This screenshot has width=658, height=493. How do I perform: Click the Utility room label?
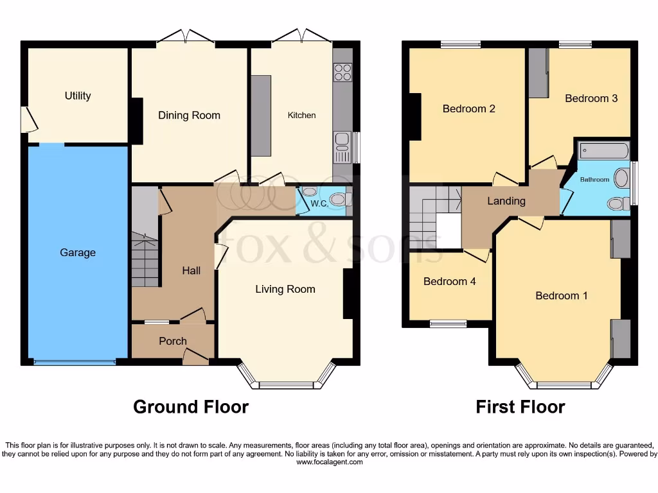[78, 96]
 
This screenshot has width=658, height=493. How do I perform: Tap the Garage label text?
[78, 253]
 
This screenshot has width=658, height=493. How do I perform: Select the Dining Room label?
[189, 116]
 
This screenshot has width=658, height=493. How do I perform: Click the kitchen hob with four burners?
[342, 72]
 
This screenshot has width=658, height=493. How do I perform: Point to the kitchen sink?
[342, 140]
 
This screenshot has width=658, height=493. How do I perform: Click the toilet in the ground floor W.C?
[336, 200]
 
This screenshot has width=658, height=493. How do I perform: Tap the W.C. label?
[319, 204]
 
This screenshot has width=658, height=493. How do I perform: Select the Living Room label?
[285, 290]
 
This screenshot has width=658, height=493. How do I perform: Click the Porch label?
[173, 342]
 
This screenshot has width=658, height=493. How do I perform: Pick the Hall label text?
[191, 271]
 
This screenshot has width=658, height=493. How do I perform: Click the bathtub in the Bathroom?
[603, 151]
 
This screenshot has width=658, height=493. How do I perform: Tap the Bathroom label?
[594, 180]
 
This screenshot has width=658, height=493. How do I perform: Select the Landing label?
[506, 201]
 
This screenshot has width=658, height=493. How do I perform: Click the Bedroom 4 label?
[450, 281]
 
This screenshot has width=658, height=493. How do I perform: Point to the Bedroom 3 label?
[591, 98]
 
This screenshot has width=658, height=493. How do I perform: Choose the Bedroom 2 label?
[468, 108]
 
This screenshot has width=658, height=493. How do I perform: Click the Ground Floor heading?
[191, 407]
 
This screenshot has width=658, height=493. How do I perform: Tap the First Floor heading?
[520, 407]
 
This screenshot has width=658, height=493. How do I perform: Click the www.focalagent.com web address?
[328, 462]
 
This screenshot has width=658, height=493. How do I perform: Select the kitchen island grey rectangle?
[261, 116]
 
